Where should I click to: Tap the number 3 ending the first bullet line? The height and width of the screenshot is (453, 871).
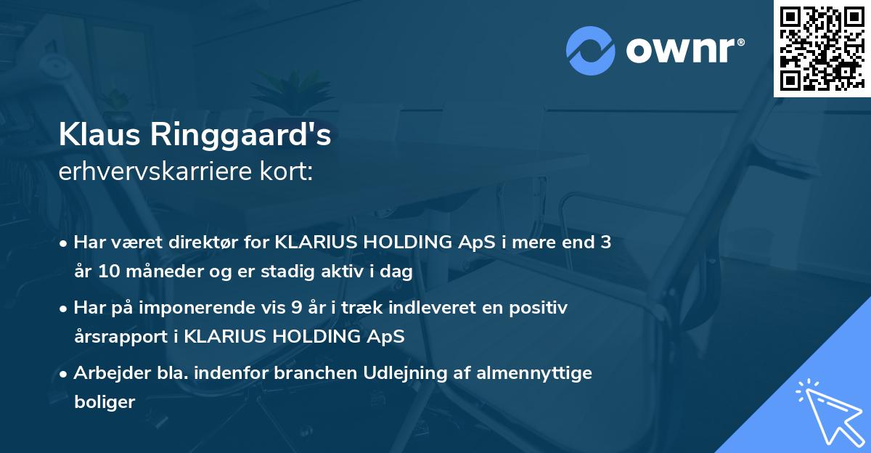click(605, 242)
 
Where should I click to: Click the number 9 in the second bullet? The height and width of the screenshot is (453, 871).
click(297, 308)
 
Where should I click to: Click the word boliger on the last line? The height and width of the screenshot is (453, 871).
click(105, 402)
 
